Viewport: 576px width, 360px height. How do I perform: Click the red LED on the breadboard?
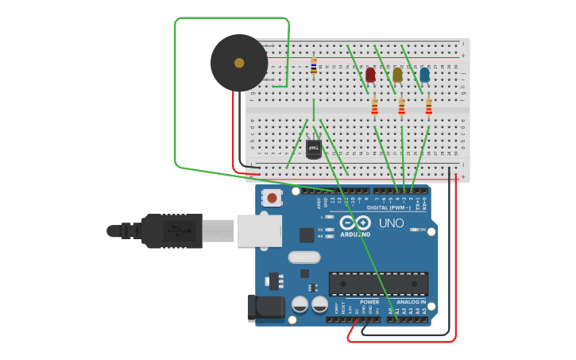(x=370, y=75)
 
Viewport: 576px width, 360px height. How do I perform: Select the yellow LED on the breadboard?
(x=397, y=75)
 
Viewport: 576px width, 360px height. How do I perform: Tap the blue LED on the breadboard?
(x=424, y=75)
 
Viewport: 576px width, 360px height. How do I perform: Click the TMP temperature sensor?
(x=314, y=149)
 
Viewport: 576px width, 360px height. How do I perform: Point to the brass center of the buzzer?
(x=239, y=62)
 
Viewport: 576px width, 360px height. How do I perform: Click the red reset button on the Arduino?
(x=272, y=198)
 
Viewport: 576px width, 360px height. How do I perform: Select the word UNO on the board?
(x=391, y=223)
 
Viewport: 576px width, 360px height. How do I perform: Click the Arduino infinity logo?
(x=355, y=223)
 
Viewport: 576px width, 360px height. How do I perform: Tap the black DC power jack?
(x=265, y=308)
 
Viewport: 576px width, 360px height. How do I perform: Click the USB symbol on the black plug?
(x=179, y=231)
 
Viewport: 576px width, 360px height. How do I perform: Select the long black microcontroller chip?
(x=378, y=284)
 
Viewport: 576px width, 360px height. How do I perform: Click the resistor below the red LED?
(x=374, y=106)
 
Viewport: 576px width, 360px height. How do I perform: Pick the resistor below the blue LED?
(x=428, y=106)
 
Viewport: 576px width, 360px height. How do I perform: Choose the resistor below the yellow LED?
(x=401, y=106)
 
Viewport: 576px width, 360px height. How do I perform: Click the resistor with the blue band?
(x=314, y=66)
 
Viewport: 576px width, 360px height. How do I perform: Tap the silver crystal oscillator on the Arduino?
(x=303, y=257)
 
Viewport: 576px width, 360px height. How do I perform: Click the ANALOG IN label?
(x=412, y=302)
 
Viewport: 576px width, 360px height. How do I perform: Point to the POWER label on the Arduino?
(x=369, y=302)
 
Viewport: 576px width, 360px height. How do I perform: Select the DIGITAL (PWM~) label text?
(x=388, y=207)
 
